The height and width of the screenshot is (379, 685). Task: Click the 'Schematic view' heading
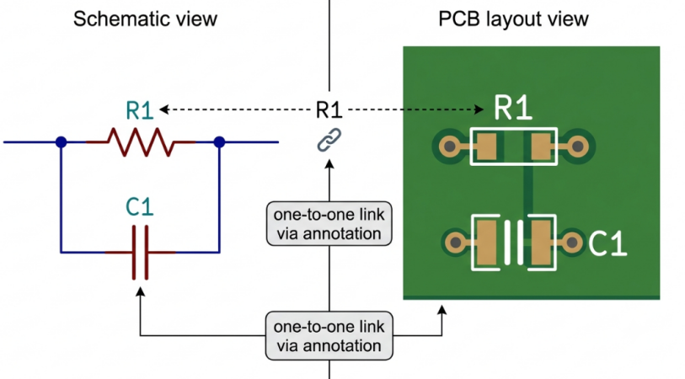coord(145,19)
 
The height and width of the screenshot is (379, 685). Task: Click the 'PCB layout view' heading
coord(513,19)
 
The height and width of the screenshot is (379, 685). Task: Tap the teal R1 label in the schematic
coord(140,110)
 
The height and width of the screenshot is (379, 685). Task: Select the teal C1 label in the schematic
coord(140,207)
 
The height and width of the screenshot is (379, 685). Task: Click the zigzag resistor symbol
coord(141,141)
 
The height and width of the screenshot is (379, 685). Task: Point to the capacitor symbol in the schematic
coord(140,253)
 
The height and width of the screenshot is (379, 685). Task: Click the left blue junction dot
coord(62,141)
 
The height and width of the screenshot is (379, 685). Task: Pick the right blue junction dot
coord(219,141)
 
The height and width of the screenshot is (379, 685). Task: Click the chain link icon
coord(329,140)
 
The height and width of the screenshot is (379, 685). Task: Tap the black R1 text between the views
coord(329,109)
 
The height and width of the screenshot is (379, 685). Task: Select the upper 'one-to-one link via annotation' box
coord(329,223)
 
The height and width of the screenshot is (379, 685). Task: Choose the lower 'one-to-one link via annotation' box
coord(329,336)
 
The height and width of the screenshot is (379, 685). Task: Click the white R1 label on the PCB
coord(513,108)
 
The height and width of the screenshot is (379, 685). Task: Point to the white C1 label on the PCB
coord(607,243)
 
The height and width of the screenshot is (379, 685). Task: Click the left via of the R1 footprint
coord(450,147)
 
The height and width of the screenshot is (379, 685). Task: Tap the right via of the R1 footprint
coord(577,147)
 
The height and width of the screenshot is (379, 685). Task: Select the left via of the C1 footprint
coord(456,242)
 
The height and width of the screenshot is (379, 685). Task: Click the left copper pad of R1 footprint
coord(486,147)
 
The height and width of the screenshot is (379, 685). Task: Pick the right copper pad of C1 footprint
coord(541,243)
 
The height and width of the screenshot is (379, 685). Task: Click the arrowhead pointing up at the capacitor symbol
coord(140,291)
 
